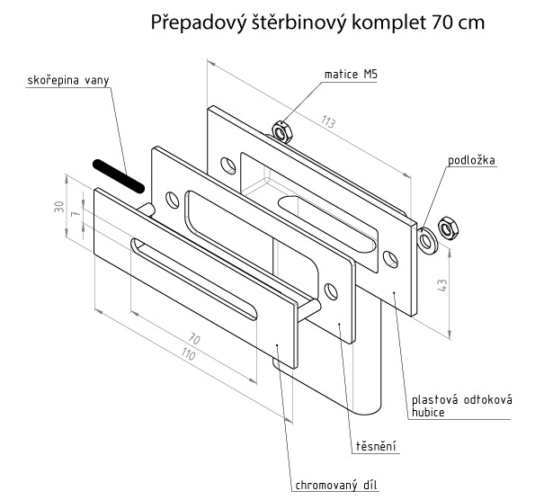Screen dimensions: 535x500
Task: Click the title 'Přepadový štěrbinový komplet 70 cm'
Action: (x=317, y=23)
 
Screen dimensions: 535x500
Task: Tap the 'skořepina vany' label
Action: (x=68, y=80)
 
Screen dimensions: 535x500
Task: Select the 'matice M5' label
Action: (x=351, y=74)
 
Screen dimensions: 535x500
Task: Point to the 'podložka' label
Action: (x=471, y=160)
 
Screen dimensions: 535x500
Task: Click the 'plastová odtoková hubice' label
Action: (x=461, y=406)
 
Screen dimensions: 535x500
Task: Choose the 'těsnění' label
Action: (x=376, y=446)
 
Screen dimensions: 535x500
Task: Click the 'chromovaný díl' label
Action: (x=337, y=485)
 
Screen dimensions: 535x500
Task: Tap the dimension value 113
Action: (x=328, y=121)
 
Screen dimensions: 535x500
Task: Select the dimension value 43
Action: (x=441, y=285)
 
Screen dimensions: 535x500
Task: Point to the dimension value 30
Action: (x=59, y=207)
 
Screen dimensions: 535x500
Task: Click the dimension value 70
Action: (x=194, y=339)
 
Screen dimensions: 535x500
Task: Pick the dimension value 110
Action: (x=188, y=354)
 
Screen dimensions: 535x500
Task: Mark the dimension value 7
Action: (x=76, y=213)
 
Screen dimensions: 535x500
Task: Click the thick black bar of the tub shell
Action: (x=119, y=176)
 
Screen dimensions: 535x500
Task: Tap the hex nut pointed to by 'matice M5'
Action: (x=282, y=131)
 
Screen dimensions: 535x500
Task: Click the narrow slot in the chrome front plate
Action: (x=193, y=279)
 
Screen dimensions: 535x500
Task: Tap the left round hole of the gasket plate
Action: (x=173, y=200)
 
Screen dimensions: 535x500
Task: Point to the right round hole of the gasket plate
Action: (x=331, y=291)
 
